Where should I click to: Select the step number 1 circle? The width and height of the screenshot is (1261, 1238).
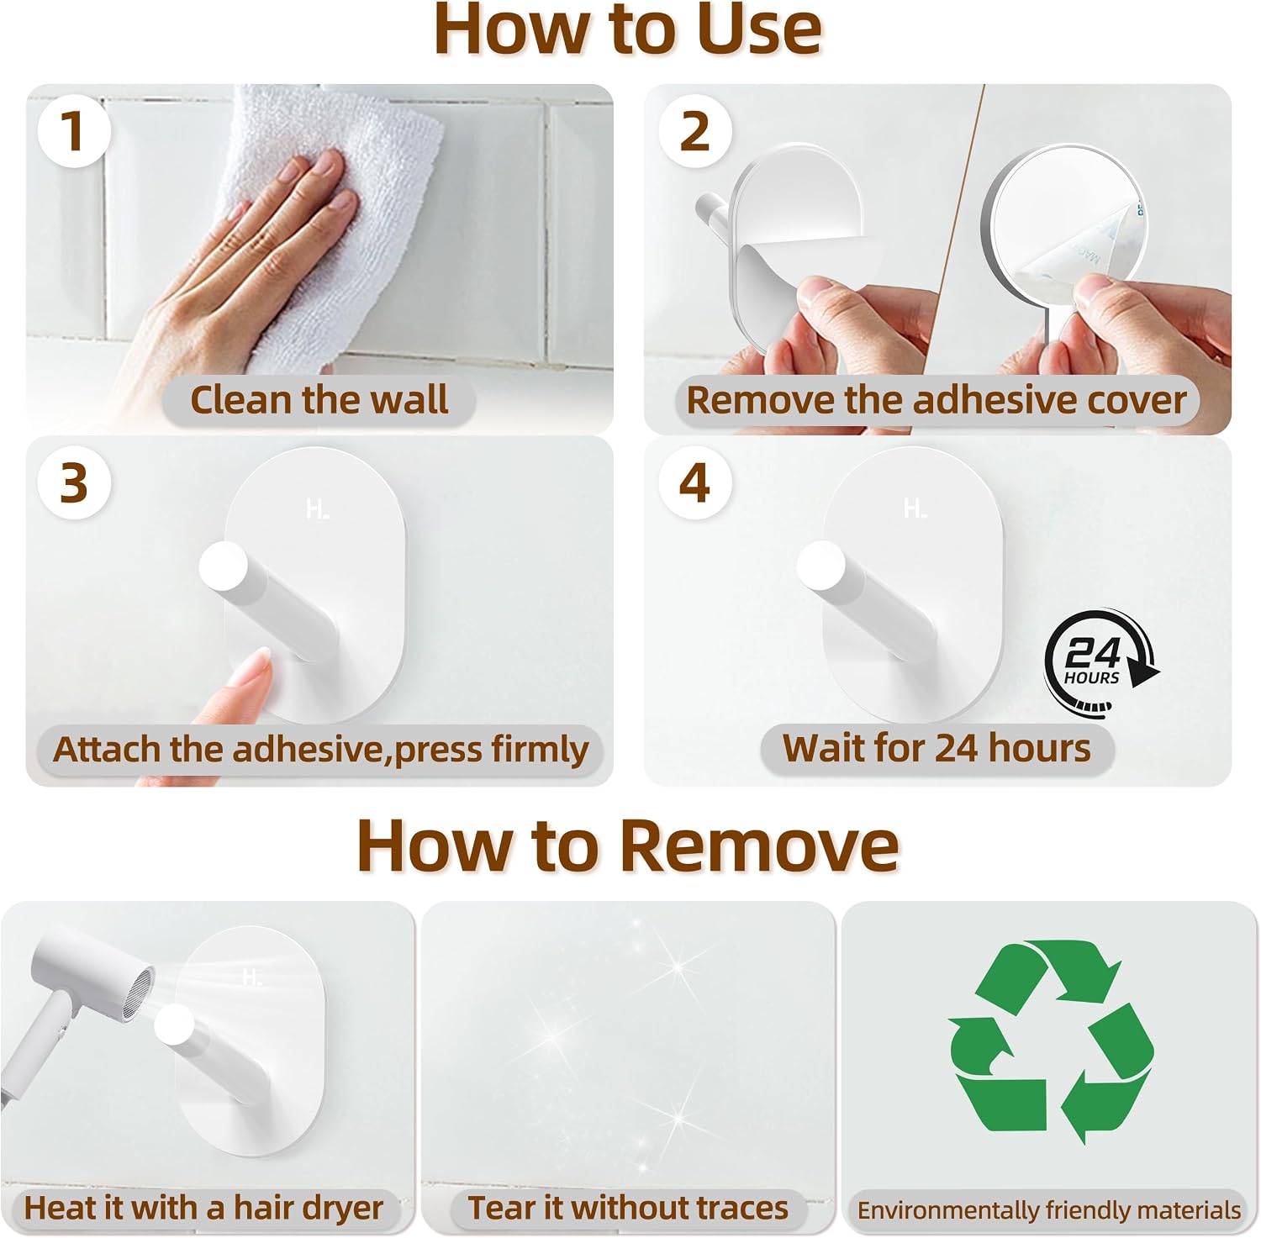pos(74,131)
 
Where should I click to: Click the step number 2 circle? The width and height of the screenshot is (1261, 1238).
pos(694,131)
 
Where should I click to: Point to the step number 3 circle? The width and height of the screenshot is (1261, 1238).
pos(74,483)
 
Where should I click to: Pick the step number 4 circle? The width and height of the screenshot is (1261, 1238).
pos(694,483)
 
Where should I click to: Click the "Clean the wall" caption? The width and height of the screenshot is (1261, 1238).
pos(319,399)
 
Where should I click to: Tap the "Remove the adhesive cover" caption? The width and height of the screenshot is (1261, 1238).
pos(937,399)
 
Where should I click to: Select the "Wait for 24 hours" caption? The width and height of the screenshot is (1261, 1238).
pos(937,747)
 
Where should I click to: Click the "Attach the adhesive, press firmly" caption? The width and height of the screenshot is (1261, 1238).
pos(320,749)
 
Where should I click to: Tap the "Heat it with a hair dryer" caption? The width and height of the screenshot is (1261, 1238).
pos(203,1208)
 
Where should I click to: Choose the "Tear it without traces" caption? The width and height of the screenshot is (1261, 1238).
pos(628,1208)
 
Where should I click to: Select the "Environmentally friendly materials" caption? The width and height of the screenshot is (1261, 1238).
pos(1048,1210)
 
